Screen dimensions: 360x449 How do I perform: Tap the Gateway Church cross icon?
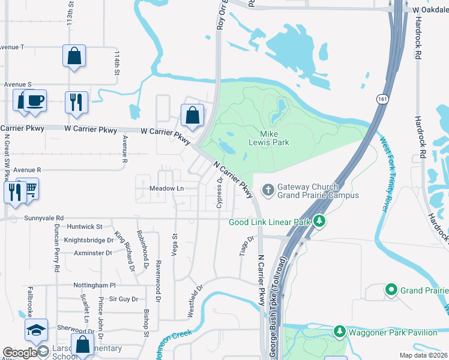268,191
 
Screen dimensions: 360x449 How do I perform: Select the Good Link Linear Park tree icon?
321,222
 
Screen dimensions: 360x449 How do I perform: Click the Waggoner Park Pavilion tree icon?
339,331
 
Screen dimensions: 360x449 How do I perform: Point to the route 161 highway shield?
382,98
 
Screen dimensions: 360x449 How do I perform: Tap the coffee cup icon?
35,100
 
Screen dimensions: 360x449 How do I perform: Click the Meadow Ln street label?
166,188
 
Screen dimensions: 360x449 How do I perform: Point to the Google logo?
19,353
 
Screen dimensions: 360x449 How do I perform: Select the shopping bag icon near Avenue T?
74,56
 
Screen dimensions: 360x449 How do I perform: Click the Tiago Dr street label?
243,245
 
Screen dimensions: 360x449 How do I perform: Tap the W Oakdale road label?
430,10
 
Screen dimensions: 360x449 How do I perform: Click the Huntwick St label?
85,227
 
